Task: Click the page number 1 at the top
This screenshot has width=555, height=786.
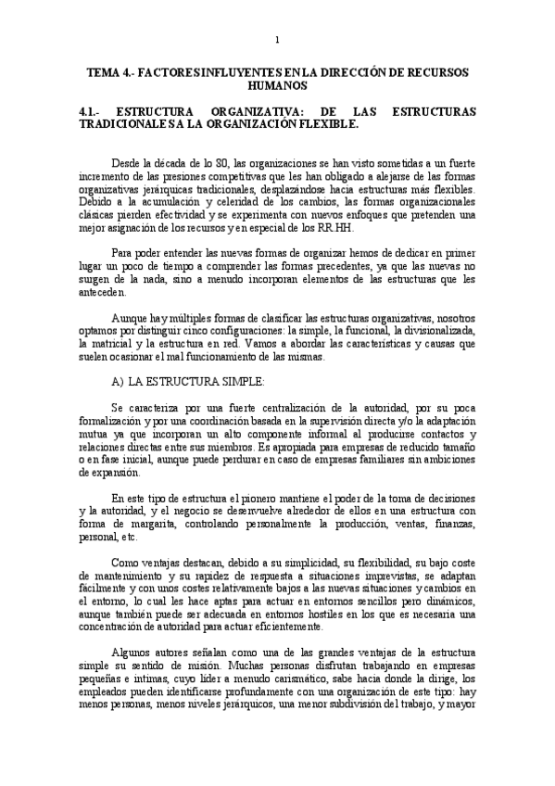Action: (x=277, y=39)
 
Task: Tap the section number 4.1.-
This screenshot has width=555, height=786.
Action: (x=91, y=110)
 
